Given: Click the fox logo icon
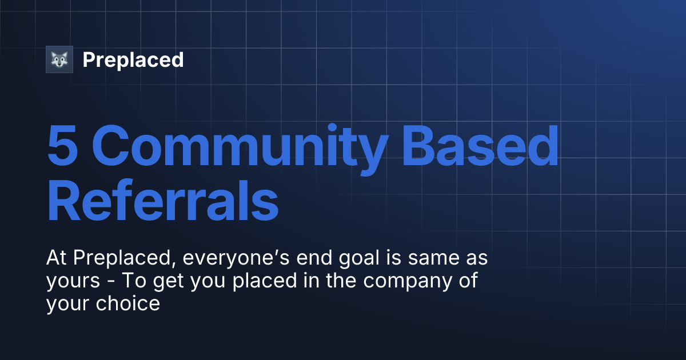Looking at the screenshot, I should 59,59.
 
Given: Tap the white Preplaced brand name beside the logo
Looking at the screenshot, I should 133,59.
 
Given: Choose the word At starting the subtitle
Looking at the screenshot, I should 56,259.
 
